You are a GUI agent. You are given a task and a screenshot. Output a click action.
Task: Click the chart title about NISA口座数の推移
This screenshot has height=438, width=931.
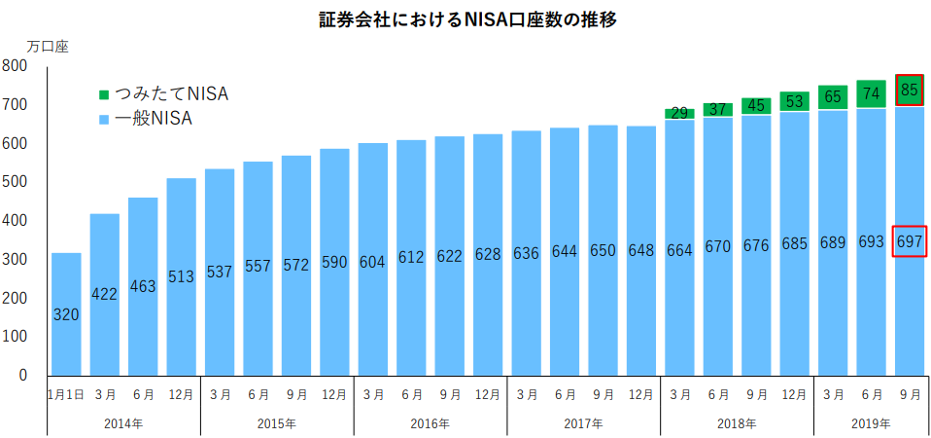[x=468, y=19]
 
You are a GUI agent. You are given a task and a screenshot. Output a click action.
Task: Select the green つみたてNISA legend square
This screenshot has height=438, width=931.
[x=105, y=95]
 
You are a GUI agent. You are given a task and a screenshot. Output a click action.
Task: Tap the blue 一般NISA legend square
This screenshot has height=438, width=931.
[x=105, y=120]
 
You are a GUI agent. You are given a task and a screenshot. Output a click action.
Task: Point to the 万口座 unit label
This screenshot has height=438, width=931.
[x=48, y=48]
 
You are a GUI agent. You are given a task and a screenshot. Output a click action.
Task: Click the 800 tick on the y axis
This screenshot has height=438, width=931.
[x=14, y=66]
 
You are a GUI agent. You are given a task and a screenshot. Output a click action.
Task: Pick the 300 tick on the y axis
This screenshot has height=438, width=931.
[x=14, y=260]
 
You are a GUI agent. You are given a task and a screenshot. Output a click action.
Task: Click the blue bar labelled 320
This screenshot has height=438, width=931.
[x=66, y=314]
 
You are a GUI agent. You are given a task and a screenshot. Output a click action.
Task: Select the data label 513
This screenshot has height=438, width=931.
[x=181, y=278]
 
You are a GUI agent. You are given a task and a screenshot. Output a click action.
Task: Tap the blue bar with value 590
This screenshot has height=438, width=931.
[x=334, y=262]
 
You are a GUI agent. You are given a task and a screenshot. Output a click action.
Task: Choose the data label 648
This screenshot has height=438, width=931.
[x=641, y=251]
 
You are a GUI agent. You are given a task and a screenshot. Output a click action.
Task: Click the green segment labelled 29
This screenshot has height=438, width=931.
[x=679, y=114]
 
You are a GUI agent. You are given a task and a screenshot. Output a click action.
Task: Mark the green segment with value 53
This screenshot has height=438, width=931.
[x=794, y=101]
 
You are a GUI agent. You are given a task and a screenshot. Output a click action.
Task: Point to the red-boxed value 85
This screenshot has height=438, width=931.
[x=909, y=91]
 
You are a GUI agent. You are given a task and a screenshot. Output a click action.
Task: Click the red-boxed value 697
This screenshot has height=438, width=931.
[x=909, y=241]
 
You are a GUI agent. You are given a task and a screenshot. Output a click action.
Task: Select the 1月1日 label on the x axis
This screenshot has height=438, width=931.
[x=66, y=394]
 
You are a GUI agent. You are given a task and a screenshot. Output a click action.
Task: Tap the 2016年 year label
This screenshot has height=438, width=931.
[x=431, y=424]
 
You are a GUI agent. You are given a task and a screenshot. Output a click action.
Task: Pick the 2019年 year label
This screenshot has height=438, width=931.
[x=871, y=424]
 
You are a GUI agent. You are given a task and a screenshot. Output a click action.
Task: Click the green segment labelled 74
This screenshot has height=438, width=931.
[x=871, y=93]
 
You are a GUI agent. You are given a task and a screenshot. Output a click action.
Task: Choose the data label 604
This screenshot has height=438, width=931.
[x=373, y=262]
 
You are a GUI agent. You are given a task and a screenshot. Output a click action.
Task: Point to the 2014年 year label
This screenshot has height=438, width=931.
[x=123, y=424]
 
